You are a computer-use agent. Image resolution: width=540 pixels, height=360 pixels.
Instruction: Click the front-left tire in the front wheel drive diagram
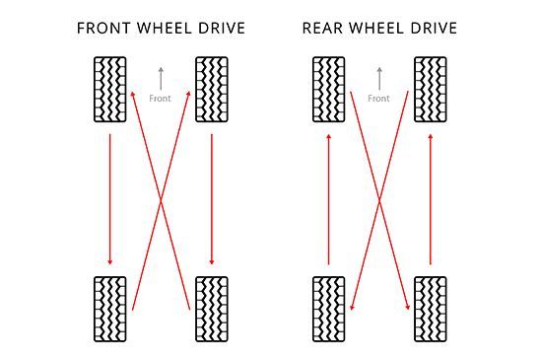(109, 90)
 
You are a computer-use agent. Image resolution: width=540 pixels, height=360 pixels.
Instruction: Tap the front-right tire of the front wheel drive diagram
(212, 90)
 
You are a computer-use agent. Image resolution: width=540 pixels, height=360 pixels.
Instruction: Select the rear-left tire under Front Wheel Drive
(109, 309)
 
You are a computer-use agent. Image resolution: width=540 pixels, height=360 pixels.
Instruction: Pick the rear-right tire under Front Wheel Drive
(212, 309)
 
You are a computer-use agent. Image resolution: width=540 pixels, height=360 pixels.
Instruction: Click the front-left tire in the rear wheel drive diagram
(328, 90)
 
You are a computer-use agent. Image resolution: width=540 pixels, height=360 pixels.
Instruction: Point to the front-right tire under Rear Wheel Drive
(431, 90)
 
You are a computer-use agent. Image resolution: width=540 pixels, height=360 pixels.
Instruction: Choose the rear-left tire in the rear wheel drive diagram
(328, 309)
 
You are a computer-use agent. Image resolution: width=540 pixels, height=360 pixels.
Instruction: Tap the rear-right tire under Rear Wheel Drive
(431, 309)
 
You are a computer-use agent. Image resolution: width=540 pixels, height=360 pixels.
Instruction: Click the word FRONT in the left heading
(103, 28)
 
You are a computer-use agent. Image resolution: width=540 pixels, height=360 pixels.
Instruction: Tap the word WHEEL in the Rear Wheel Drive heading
(379, 28)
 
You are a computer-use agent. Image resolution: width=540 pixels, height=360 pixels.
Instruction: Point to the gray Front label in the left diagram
(160, 99)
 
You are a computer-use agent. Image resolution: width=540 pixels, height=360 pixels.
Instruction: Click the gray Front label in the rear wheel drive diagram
(378, 99)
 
